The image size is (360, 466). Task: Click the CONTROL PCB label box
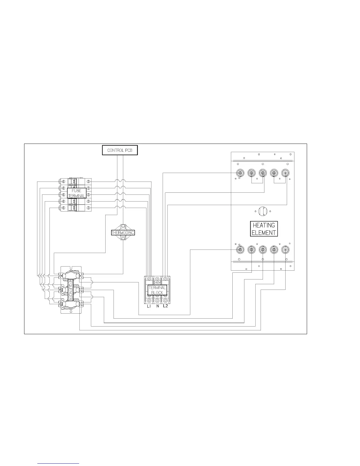point(120,150)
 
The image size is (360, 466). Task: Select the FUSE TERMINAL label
point(76,193)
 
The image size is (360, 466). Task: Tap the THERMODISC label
point(123,233)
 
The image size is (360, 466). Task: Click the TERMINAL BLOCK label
point(157,290)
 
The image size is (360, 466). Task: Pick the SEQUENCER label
point(71,290)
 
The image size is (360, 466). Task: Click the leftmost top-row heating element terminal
point(240,173)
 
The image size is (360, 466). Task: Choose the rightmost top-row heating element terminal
point(285,173)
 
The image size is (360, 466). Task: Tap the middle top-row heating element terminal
point(263,173)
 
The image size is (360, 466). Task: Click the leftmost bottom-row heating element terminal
point(240,250)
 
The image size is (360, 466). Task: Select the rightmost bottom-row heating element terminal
point(285,250)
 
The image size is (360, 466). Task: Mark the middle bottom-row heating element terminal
point(263,250)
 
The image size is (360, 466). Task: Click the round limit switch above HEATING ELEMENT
point(263,211)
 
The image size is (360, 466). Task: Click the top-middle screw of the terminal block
point(157,279)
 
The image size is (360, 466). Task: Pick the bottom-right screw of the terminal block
point(166,301)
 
